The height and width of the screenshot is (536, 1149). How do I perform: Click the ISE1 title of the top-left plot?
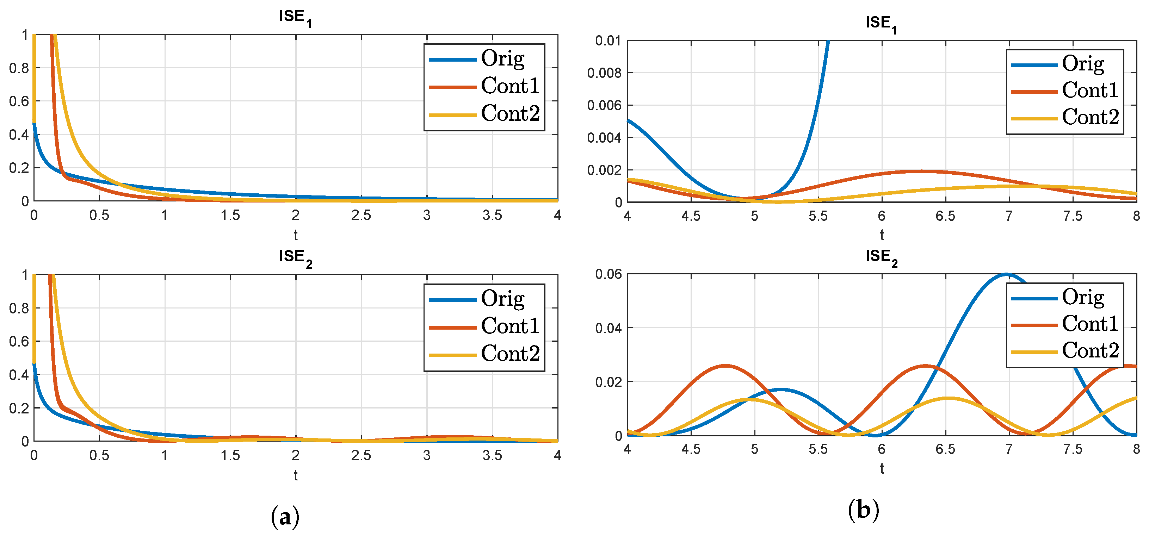coord(295,17)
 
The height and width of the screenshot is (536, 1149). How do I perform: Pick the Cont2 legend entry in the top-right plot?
coord(1090,117)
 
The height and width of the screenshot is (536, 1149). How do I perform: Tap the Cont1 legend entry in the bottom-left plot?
coord(510,326)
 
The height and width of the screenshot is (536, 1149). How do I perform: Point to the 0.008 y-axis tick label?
coord(604,73)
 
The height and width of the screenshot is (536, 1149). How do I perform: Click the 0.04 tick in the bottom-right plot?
coord(608,329)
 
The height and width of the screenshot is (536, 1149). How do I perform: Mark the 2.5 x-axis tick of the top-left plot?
coord(361,216)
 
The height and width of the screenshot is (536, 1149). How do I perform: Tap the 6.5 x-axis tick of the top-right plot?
coord(945,216)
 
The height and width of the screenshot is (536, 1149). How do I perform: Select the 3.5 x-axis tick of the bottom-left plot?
coord(492,455)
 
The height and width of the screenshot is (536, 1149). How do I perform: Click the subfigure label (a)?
coord(285,516)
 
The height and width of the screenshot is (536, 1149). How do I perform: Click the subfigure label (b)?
coord(863,510)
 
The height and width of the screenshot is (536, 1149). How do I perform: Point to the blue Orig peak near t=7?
coord(1006,275)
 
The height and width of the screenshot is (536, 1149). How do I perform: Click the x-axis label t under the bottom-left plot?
coord(295,475)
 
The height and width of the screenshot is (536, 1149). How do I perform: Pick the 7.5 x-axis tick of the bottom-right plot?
coord(1072,449)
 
